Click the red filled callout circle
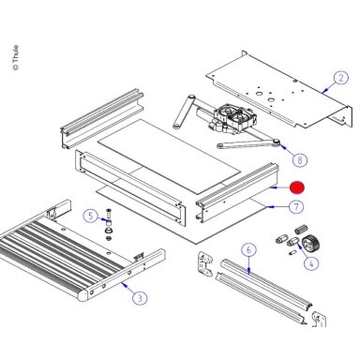[296, 187]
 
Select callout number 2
[340, 78]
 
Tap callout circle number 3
[140, 298]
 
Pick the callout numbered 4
[311, 263]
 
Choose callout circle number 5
[90, 216]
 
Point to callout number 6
[248, 250]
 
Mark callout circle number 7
[295, 206]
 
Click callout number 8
[300, 160]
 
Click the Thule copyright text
[15, 58]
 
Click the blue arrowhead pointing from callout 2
[324, 91]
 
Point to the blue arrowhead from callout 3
[124, 284]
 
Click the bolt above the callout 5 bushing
[109, 214]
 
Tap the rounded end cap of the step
[82, 295]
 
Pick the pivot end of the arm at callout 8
[276, 142]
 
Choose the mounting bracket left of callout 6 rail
[204, 263]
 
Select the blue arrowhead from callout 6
[248, 271]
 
